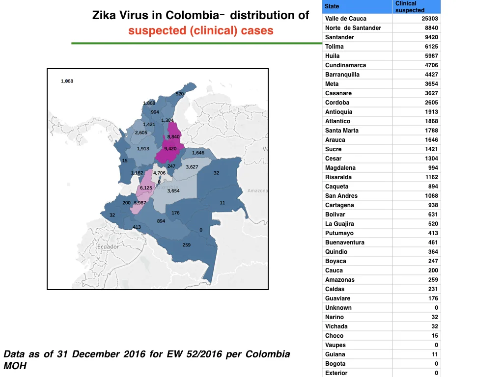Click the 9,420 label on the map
point(170,149)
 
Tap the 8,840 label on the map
point(173,137)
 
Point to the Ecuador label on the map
point(108,246)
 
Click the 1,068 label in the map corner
point(67,81)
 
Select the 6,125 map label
point(146,188)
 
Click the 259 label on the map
point(186,245)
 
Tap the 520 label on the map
point(180,94)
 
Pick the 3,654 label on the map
point(173,191)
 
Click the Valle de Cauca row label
point(345,19)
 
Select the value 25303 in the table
point(429,19)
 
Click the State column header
point(332,6)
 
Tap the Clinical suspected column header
point(410,7)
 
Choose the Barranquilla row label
point(342,75)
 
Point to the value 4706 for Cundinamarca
point(431,65)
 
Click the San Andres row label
point(341,195)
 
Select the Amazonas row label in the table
point(340,279)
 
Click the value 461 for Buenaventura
point(433,242)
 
